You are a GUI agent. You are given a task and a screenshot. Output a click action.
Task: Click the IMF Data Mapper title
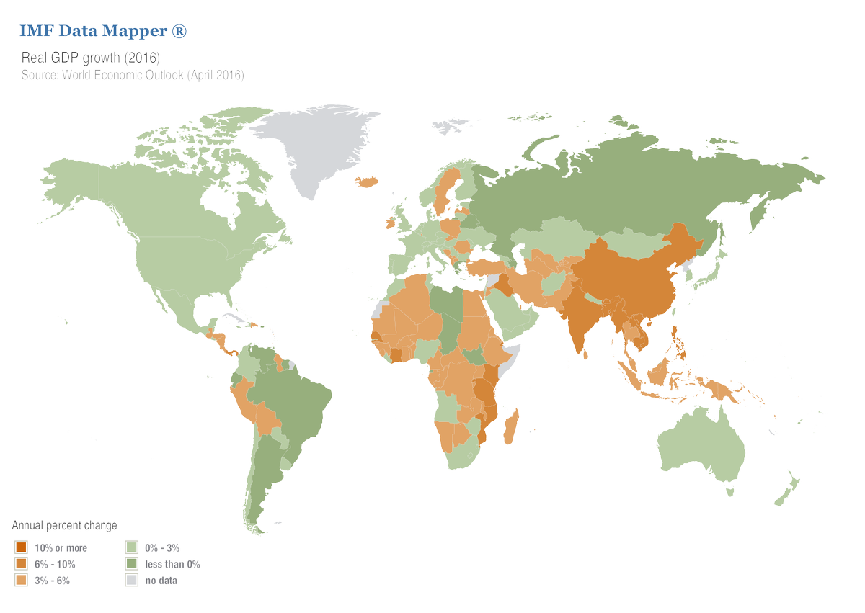102,31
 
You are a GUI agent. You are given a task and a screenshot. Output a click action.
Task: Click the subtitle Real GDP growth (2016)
90,57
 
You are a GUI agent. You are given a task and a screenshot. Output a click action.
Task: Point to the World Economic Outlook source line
133,75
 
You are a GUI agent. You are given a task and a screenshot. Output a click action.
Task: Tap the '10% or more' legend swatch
21,548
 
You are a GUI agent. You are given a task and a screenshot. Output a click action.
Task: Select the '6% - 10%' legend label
55,564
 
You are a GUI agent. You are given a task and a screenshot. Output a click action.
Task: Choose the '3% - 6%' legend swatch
21,581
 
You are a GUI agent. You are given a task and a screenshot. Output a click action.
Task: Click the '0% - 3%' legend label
162,548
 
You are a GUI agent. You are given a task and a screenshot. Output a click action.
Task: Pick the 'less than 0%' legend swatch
132,564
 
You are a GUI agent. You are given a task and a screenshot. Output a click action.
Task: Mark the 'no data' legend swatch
132,581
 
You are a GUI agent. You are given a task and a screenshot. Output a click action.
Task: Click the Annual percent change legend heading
65,526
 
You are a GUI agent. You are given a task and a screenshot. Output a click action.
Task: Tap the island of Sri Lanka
588,354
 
